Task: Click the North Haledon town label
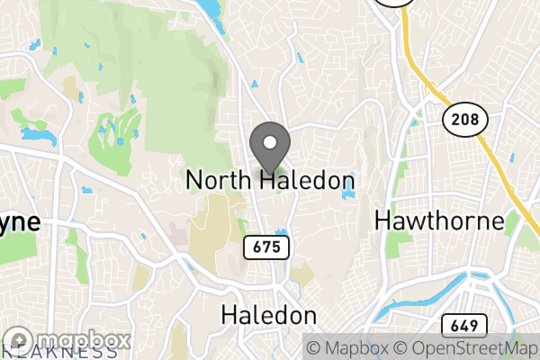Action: [x=270, y=181]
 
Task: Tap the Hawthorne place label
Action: [x=438, y=220]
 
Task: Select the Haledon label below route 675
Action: [x=269, y=316]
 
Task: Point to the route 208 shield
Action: [x=464, y=118]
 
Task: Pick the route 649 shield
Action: [x=464, y=326]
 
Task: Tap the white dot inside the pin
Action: [x=269, y=142]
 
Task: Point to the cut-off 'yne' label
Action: [x=20, y=222]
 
